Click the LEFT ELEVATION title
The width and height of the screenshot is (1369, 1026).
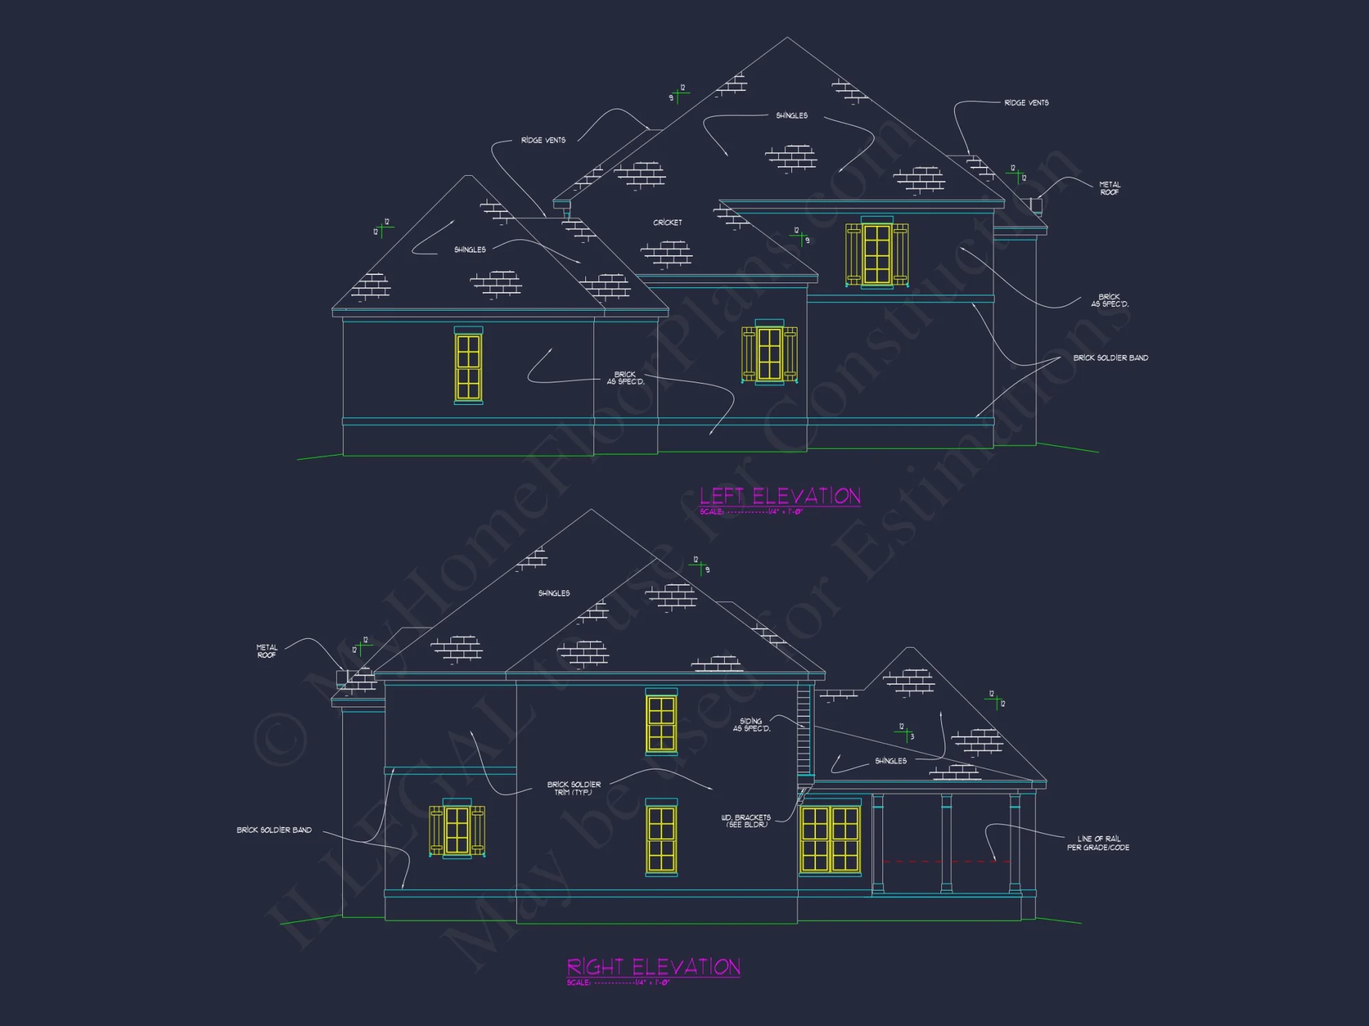click(780, 496)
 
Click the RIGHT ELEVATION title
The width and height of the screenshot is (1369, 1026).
click(654, 966)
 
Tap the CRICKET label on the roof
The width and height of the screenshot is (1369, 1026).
click(667, 222)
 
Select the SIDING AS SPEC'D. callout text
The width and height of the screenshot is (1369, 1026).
click(752, 725)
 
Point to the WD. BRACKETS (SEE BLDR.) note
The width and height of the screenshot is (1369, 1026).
click(746, 821)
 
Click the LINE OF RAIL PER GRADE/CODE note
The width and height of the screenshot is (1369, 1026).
click(1098, 843)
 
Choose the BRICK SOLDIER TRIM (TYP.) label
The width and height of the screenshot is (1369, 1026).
click(574, 788)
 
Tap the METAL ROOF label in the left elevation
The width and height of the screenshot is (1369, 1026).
click(1110, 188)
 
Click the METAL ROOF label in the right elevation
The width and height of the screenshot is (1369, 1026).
click(267, 651)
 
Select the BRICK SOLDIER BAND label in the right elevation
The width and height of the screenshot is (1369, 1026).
click(274, 830)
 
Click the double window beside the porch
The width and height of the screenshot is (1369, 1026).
click(830, 839)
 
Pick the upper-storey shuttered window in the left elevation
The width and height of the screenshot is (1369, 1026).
click(877, 254)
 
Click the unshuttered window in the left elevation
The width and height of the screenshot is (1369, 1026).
click(468, 367)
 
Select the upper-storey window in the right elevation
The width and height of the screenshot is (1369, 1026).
click(661, 723)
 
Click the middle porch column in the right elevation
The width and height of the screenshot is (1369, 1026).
click(946, 843)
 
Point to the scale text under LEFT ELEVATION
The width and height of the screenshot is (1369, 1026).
click(751, 512)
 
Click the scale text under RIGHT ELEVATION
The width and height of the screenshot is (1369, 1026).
click(618, 983)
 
